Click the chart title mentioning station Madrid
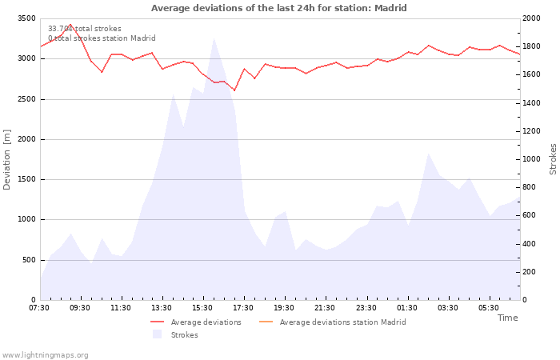[x=278, y=8]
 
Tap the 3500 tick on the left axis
[x=26, y=18]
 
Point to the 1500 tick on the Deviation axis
[x=26, y=179]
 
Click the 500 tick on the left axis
[x=29, y=260]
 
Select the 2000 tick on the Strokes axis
[x=530, y=18]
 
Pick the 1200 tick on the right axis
[x=530, y=131]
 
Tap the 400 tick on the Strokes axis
[x=528, y=244]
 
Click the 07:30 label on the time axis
[x=39, y=308]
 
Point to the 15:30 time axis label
[x=202, y=308]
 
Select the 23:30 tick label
[x=366, y=308]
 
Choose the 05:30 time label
[x=488, y=308]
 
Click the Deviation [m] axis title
[x=8, y=159]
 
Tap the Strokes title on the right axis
[x=553, y=159]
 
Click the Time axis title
[x=507, y=318]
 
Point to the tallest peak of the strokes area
[x=214, y=38]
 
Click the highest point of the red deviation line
[x=70, y=24]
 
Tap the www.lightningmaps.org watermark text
[x=46, y=354]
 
